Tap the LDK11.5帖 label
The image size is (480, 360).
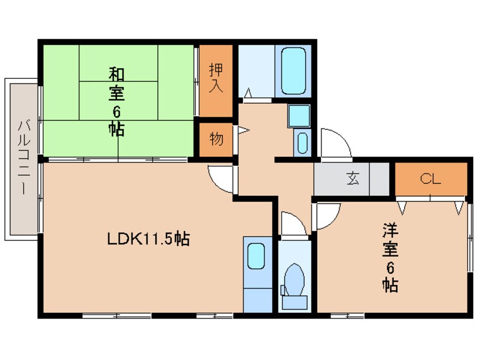(x=148, y=239)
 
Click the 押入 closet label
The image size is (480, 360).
(x=216, y=78)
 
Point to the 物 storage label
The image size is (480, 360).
(x=216, y=139)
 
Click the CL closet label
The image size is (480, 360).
(x=430, y=179)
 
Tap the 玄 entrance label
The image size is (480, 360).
(x=353, y=179)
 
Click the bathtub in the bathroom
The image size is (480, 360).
(x=293, y=71)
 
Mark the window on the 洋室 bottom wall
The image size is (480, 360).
(x=347, y=315)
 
